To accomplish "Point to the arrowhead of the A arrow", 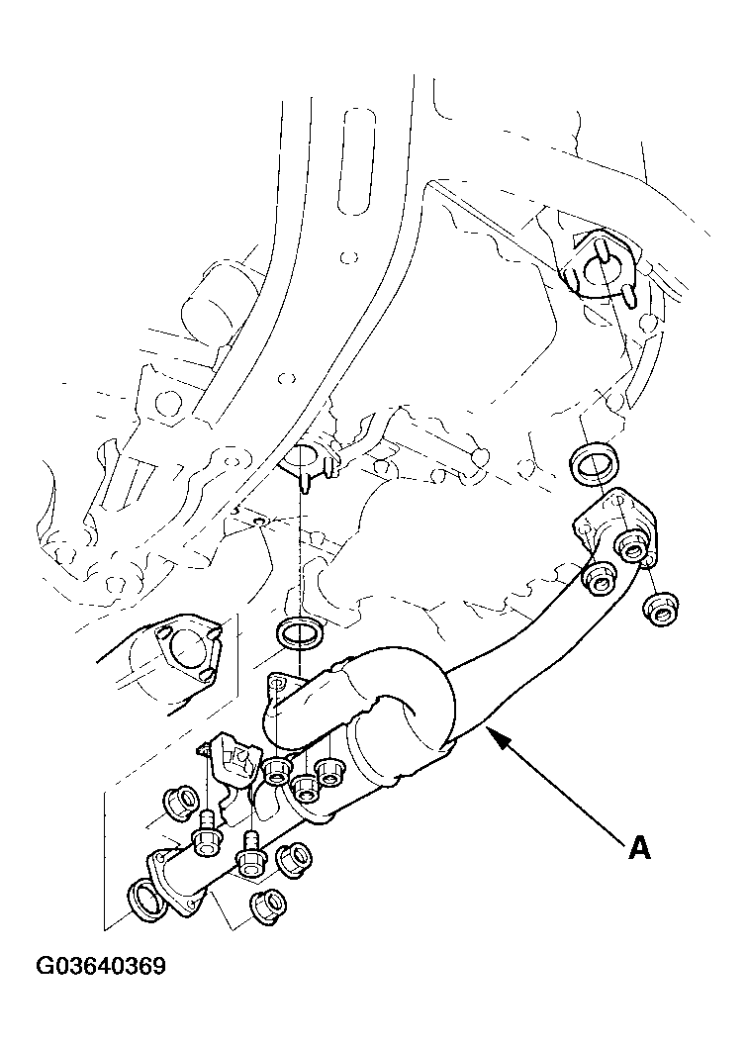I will point(492,735).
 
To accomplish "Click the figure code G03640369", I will point(102,965).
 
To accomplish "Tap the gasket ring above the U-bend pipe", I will point(298,633).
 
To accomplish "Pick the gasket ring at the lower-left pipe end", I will point(144,901).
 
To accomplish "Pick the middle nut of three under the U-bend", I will point(306,785).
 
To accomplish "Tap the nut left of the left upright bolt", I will point(179,802).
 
